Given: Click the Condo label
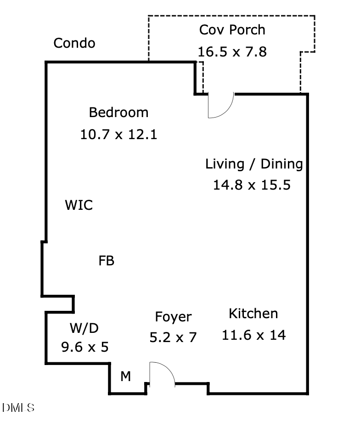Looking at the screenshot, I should [74, 43].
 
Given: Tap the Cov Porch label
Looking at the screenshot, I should [232, 30].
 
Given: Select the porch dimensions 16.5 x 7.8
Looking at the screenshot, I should [232, 51].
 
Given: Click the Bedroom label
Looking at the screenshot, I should [118, 112].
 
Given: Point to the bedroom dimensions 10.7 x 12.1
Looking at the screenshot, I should [118, 135].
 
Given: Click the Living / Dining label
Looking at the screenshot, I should [254, 164].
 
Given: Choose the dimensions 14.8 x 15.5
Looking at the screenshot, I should [252, 185].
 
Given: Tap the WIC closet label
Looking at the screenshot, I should [79, 205].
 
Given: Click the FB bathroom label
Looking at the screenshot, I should [106, 261].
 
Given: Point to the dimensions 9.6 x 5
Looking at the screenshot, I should [84, 347].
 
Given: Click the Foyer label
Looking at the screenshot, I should [173, 317].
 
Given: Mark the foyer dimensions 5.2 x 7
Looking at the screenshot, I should [173, 338].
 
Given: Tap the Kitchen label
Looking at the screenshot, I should [253, 314].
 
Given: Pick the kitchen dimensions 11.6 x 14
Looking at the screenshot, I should [253, 335].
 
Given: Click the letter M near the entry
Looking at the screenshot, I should [125, 377].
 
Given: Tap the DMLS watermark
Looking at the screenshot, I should [18, 408].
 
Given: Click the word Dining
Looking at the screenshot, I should [282, 164].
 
